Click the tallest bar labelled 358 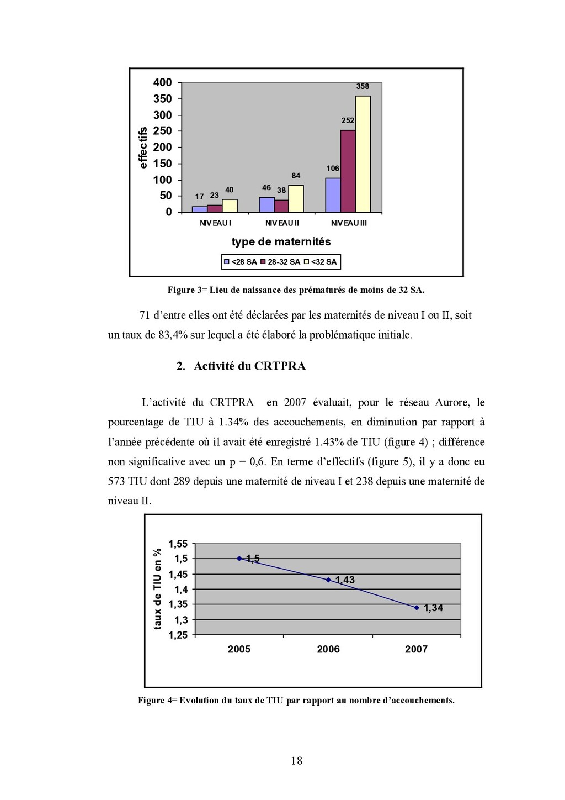coord(363,154)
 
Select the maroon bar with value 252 coord(348,171)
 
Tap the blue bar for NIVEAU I coord(199,209)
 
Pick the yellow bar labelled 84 coord(296,199)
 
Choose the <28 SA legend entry coord(240,262)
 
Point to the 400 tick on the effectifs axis coord(163,82)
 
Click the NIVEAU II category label coord(282,223)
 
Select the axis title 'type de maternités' coord(281,241)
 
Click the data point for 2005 coord(239,559)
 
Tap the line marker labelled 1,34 coord(417,607)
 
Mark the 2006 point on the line coord(328,580)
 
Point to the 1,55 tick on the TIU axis coord(178,544)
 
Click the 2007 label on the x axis coord(416,649)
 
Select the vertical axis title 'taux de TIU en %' coord(158,589)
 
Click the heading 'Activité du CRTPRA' coord(249,366)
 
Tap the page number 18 coord(297,761)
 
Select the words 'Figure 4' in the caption coord(154,701)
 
